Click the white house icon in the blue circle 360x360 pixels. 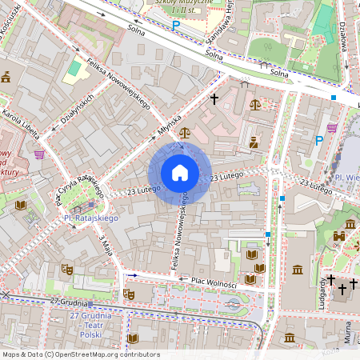click(180, 173)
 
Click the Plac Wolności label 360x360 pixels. click(214, 282)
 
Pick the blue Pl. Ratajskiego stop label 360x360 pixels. click(90, 218)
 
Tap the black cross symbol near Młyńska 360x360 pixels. click(214, 99)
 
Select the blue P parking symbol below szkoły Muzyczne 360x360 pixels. click(176, 25)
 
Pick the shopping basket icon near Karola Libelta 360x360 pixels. click(39, 154)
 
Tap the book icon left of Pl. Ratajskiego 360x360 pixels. click(21, 206)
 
